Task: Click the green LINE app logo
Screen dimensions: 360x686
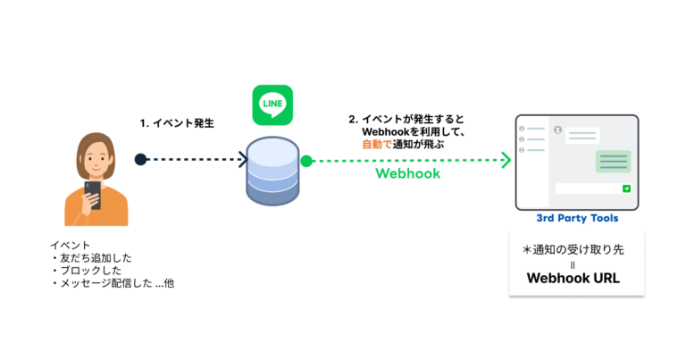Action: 272,105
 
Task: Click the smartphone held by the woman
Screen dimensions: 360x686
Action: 93,194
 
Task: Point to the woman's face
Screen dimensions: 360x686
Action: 93,158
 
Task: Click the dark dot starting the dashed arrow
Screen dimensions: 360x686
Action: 140,160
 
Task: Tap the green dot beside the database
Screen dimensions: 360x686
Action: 306,161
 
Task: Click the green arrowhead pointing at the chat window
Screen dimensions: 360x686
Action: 506,161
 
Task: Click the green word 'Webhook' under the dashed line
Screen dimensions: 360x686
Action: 407,174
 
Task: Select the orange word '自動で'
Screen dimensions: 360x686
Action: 377,143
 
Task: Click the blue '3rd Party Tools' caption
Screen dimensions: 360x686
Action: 577,218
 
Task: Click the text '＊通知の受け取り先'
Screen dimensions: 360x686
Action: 573,250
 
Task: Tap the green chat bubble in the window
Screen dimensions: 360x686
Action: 613,161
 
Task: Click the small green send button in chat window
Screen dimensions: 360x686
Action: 626,188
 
